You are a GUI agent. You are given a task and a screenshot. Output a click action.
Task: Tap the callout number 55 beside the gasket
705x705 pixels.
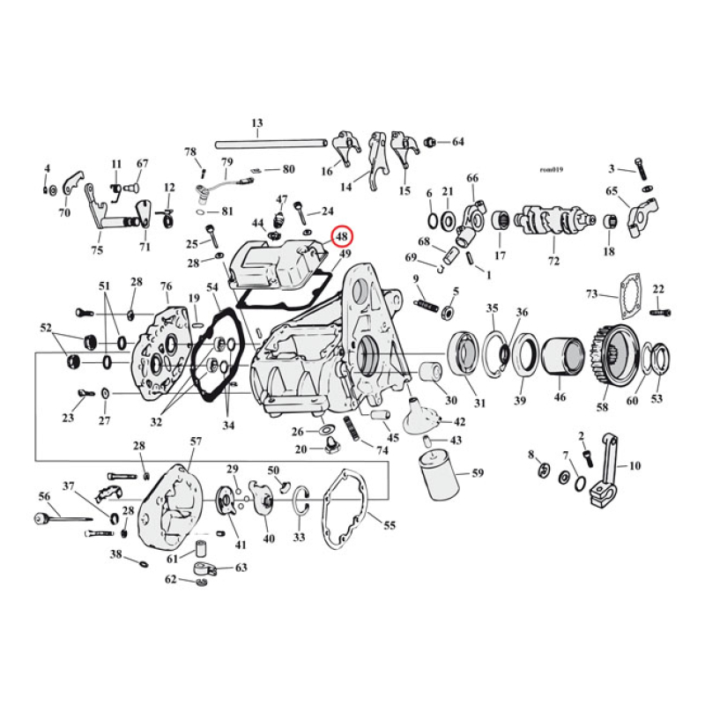390,525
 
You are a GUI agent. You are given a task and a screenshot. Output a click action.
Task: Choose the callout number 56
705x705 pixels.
44,497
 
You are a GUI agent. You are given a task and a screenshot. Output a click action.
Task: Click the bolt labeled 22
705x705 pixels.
661,311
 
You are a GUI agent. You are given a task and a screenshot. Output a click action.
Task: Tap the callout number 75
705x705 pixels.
96,249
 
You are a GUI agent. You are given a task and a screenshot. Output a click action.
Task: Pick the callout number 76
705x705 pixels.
165,286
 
